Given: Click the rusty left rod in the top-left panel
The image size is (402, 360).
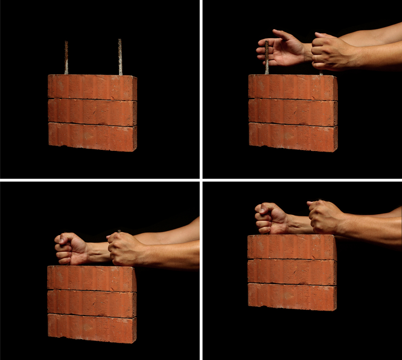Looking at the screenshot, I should [x=66, y=58].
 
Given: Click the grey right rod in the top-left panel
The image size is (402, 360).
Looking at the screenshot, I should [x=120, y=58].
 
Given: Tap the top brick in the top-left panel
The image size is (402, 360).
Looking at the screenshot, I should [x=92, y=87].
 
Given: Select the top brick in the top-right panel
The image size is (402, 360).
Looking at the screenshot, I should [x=293, y=87].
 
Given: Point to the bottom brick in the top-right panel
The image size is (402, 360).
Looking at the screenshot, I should [x=293, y=137].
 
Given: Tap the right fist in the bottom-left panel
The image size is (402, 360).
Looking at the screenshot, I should [x=124, y=248].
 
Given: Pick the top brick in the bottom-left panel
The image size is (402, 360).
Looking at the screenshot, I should [x=92, y=279].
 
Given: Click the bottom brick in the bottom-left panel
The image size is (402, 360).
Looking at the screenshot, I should [x=92, y=328].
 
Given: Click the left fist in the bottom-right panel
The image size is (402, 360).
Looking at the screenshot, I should [x=271, y=218].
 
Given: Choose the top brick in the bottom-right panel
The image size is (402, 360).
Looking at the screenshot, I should [x=292, y=247].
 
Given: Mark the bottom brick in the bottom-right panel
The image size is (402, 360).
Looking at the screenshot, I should [x=292, y=297].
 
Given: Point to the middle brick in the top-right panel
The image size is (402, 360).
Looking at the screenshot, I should [x=293, y=112].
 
